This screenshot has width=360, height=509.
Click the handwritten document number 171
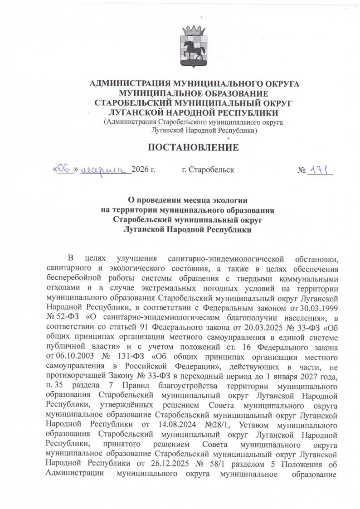point(321,170)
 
